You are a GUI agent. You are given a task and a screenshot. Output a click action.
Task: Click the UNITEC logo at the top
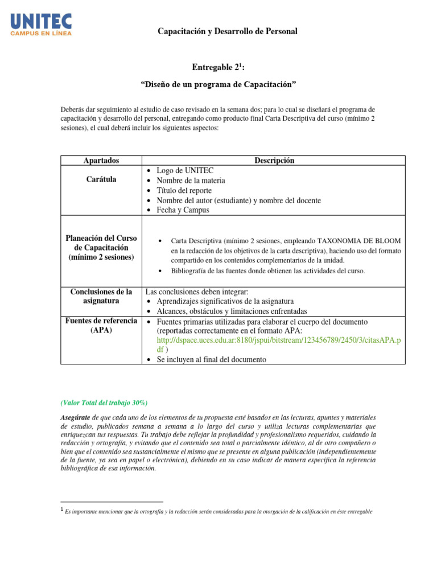pos(41,25)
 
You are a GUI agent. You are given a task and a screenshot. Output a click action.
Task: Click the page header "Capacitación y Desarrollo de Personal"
pos(228,31)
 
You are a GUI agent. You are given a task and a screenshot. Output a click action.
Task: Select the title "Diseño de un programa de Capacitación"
pos(218,85)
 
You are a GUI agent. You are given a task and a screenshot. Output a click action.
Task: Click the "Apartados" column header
pos(101,161)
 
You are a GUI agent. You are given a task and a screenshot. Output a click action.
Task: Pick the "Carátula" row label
pos(101,179)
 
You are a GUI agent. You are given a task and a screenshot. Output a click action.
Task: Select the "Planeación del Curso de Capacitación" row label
pos(101,248)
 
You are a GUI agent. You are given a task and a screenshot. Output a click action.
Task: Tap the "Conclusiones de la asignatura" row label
pos(101,296)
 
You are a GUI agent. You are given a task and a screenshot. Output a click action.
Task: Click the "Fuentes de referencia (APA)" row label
pos(101,325)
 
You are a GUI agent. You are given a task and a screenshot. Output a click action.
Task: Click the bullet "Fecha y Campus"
pos(183,210)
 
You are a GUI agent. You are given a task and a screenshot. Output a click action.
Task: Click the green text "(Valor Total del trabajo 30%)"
pos(104,403)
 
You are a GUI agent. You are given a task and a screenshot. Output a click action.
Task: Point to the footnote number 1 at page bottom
pos(61,510)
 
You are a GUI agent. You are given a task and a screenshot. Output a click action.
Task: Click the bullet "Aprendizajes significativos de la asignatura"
pos(225,301)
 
